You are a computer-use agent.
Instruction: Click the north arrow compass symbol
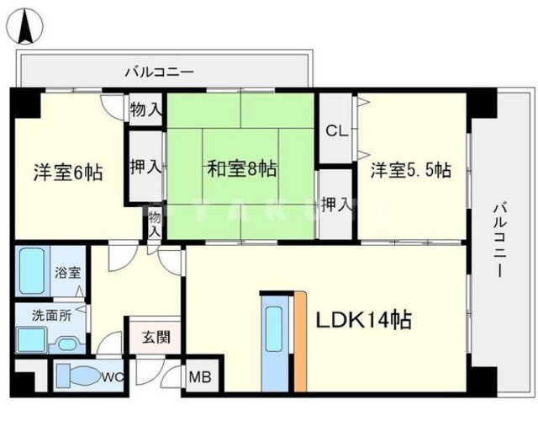click(25, 24)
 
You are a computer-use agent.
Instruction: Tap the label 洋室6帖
click(67, 173)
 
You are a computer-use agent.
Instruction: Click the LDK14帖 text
click(363, 320)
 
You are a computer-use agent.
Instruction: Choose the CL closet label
click(336, 131)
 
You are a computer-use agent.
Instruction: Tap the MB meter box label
click(199, 376)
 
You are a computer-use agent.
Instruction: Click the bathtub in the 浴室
click(34, 271)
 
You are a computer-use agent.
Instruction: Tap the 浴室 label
click(68, 272)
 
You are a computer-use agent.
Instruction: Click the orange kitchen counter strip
click(299, 339)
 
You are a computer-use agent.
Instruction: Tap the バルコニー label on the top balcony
click(159, 72)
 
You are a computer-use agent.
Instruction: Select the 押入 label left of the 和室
click(145, 167)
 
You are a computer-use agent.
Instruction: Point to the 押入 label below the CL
click(336, 205)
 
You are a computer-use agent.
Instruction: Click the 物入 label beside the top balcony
click(146, 109)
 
